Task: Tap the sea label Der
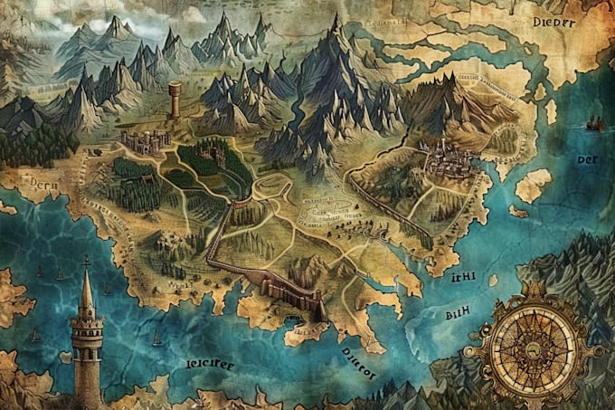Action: point(587,160)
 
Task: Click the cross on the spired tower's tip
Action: point(86,262)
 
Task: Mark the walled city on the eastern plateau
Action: point(447,160)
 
